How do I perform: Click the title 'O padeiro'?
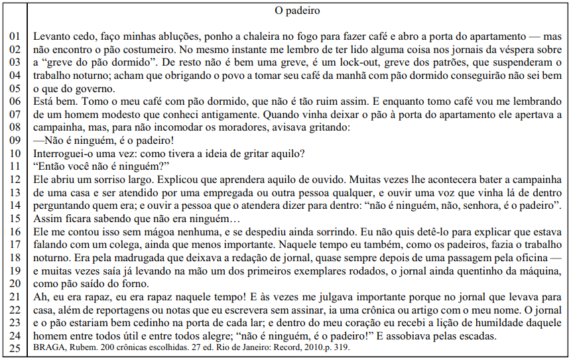(x=296, y=11)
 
